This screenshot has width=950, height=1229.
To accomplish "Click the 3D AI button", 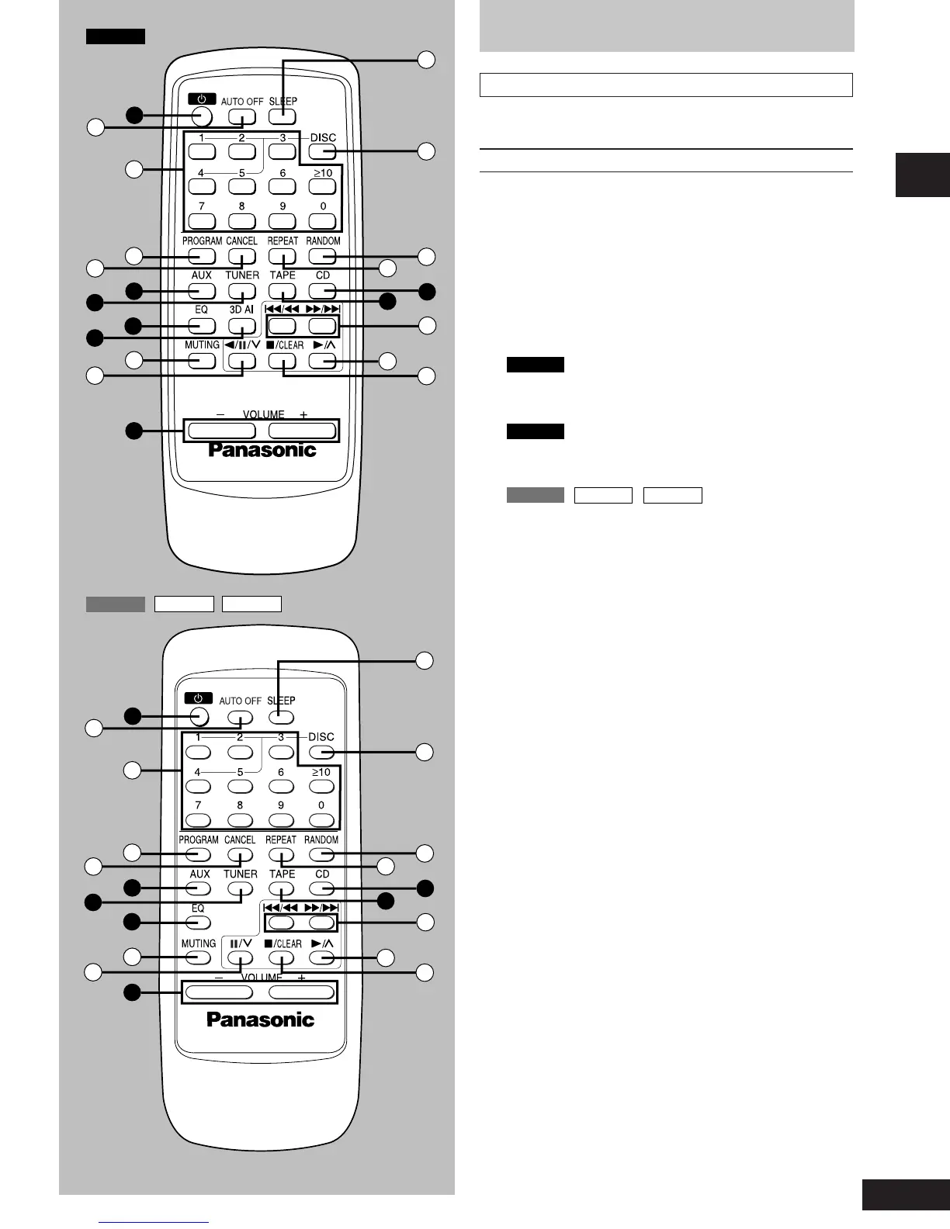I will (x=242, y=326).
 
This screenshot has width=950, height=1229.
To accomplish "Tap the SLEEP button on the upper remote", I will (x=283, y=117).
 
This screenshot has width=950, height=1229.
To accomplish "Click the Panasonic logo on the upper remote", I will (x=262, y=450).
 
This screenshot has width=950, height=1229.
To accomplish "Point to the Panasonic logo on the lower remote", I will (x=261, y=1020).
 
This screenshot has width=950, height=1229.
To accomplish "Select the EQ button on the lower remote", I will (x=199, y=923).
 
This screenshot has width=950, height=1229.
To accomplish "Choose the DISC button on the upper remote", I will (x=323, y=151).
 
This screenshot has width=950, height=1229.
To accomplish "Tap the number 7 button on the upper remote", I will (x=202, y=221).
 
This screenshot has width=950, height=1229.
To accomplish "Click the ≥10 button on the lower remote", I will (x=321, y=787).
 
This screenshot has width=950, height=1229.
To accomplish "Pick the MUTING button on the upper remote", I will (x=202, y=360).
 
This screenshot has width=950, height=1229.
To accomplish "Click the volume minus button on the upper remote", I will (x=220, y=431).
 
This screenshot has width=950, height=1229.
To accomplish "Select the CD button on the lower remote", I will (x=322, y=888).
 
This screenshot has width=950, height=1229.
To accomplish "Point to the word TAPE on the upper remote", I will (x=283, y=275).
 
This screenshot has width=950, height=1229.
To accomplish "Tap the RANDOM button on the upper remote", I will (x=323, y=256).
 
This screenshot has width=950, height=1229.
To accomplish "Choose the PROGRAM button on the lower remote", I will (x=199, y=854).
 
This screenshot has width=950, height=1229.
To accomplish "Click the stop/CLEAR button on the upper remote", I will (x=283, y=361).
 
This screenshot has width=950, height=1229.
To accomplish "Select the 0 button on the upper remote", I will (x=323, y=221).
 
